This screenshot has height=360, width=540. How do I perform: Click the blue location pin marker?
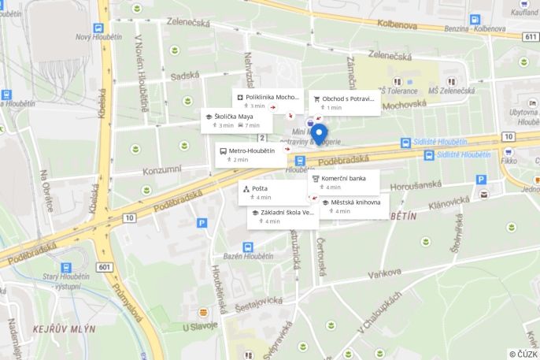pyautogui.click(x=319, y=133)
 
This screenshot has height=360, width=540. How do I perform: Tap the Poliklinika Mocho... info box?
pyautogui.click(x=268, y=101)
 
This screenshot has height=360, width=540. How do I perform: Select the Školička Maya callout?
pyautogui.click(x=236, y=121)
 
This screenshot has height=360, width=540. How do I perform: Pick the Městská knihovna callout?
pyautogui.click(x=353, y=206)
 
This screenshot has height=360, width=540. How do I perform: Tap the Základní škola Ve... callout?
pyautogui.click(x=283, y=217)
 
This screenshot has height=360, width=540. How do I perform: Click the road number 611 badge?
pyautogui.click(x=530, y=36)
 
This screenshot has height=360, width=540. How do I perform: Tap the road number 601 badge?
pyautogui.click(x=105, y=267)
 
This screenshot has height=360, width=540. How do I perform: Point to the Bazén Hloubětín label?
pyautogui.click(x=247, y=258)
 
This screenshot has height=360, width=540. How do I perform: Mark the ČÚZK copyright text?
pyautogui.click(x=523, y=354)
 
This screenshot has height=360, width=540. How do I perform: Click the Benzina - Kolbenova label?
pyautogui.click(x=475, y=28)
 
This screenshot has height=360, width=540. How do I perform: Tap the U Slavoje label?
pyautogui.click(x=200, y=327)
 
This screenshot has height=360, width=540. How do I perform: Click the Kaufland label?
pyautogui.click(x=524, y=13)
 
